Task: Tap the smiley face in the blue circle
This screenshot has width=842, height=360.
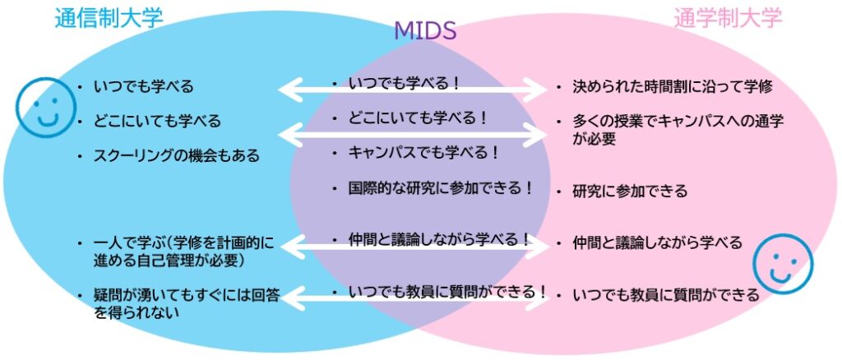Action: (x=45, y=107)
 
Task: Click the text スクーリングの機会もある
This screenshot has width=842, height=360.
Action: (x=177, y=155)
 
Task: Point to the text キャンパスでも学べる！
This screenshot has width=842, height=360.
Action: (x=424, y=153)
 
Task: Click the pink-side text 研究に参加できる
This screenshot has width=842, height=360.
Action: (x=630, y=192)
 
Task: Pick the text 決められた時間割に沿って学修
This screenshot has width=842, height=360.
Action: (x=672, y=86)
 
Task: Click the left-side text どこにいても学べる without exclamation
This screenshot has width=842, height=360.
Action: (x=157, y=121)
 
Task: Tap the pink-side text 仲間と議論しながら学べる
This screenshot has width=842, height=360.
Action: (x=658, y=242)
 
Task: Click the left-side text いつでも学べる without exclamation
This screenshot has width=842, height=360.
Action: (x=144, y=86)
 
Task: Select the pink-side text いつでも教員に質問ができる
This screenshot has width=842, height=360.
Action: (x=666, y=294)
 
